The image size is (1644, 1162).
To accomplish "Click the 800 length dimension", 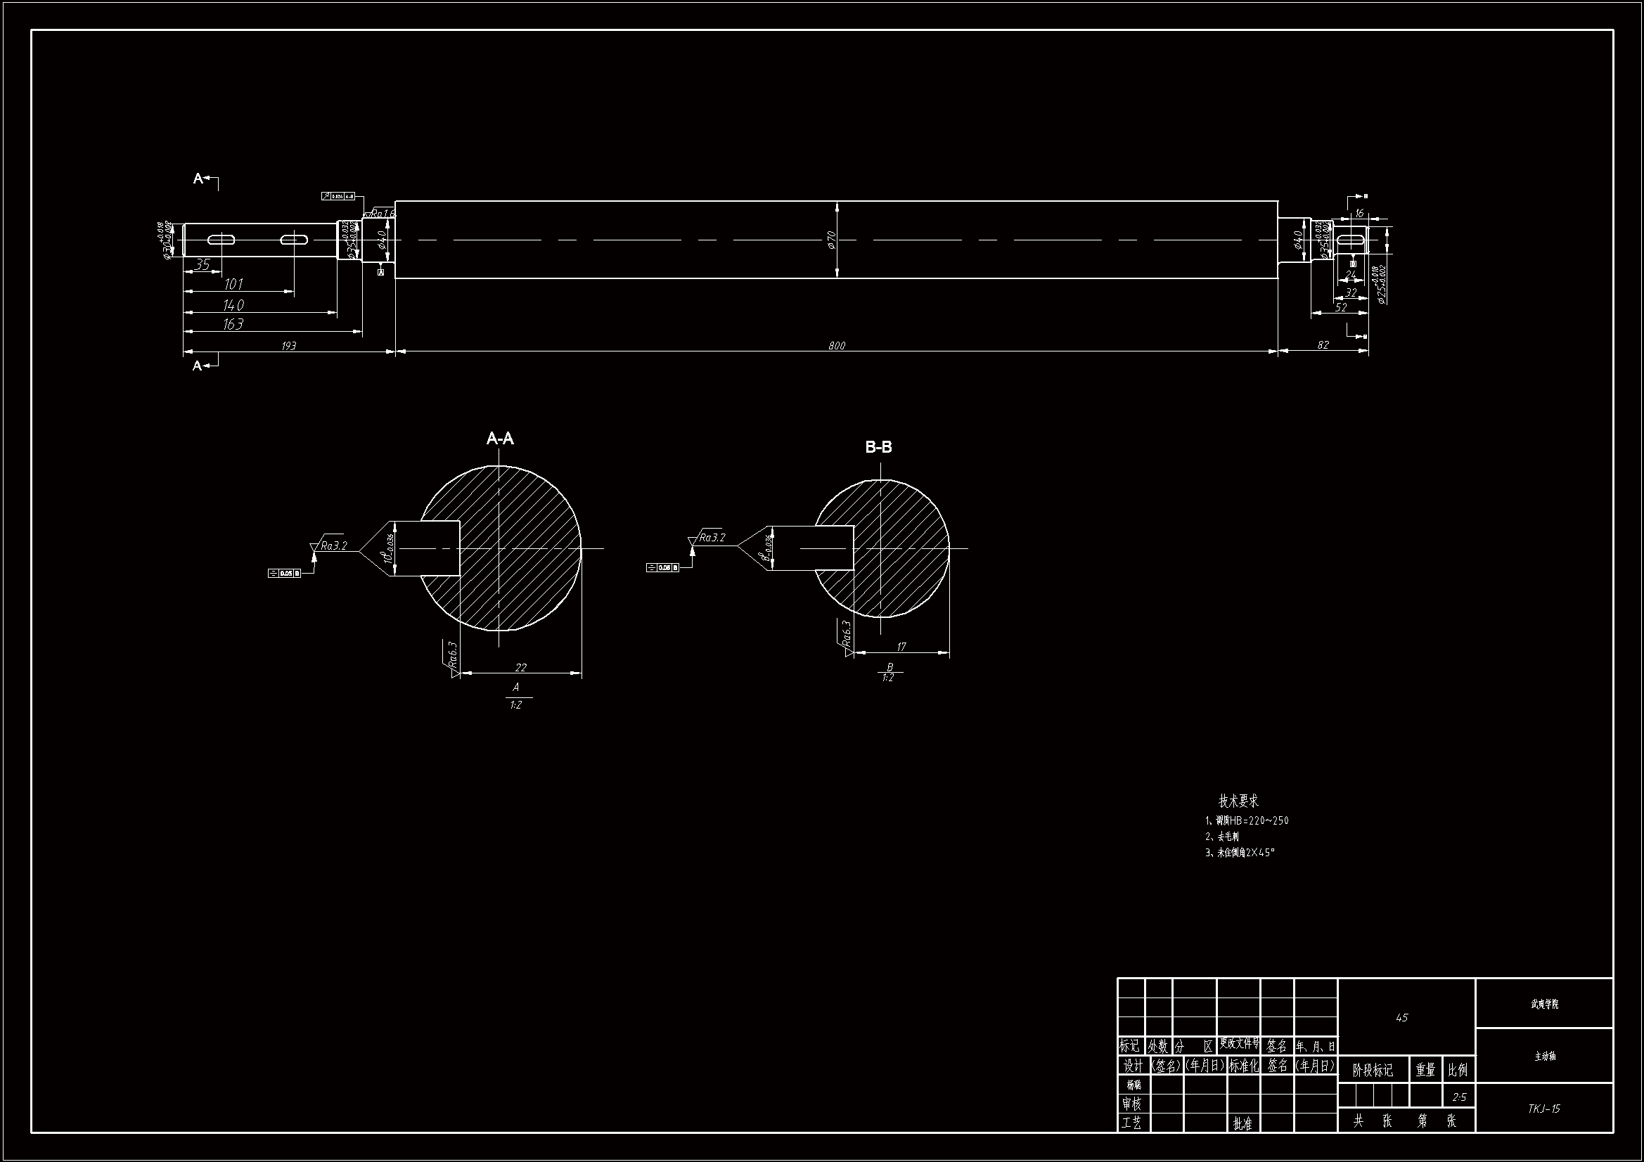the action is (x=836, y=346).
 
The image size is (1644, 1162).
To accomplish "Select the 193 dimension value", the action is (x=288, y=346).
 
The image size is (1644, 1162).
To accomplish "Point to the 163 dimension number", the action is (x=233, y=324).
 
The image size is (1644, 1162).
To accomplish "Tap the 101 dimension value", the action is (x=233, y=284).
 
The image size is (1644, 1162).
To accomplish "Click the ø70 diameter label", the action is (x=831, y=239).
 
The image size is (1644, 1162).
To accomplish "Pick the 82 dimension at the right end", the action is (x=1323, y=345).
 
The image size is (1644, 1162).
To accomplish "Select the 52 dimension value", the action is (x=1341, y=307).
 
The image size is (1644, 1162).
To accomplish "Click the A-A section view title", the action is (x=500, y=438).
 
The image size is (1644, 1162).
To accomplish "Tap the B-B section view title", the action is (x=878, y=448).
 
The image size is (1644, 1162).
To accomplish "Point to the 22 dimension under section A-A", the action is (x=520, y=667).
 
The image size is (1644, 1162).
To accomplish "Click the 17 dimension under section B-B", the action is (x=901, y=647).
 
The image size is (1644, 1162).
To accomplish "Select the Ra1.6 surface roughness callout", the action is (x=383, y=214).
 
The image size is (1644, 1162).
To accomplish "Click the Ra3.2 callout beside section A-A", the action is (x=334, y=546).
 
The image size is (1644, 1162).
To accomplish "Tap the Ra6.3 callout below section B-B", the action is (x=847, y=634).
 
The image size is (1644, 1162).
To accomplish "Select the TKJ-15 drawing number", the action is (x=1543, y=1109).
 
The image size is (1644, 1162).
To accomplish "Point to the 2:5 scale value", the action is (x=1458, y=1097).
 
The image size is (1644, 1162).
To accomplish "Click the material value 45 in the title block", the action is (x=1401, y=1017).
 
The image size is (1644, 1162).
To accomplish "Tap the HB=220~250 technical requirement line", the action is (x=1247, y=820).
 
